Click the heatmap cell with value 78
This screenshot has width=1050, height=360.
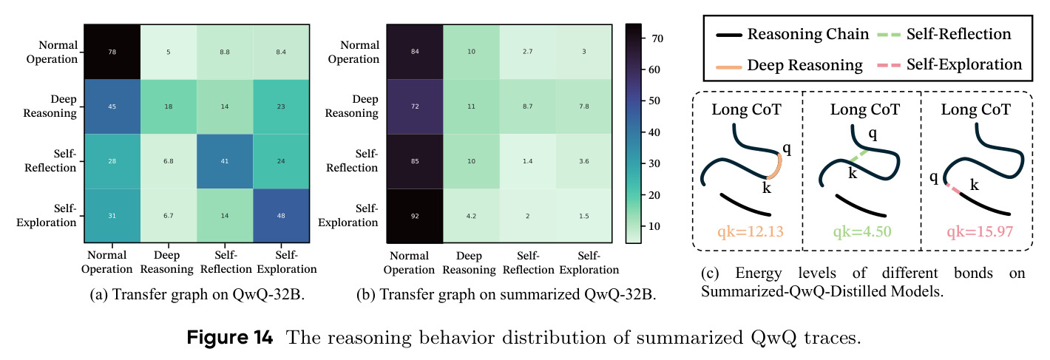(112, 52)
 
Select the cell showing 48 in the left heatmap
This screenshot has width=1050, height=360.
(281, 216)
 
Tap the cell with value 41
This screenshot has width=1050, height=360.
(225, 161)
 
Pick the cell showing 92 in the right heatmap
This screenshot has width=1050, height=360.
(415, 216)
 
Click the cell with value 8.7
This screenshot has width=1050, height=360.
(528, 106)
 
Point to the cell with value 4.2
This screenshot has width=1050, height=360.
(471, 216)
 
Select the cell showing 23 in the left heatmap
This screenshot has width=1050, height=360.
(281, 106)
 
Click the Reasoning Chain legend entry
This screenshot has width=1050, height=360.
(792, 34)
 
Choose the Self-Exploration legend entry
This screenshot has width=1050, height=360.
(949, 65)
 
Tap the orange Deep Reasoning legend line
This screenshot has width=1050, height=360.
(728, 67)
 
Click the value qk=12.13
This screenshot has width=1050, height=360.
(751, 231)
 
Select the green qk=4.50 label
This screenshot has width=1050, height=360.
(862, 231)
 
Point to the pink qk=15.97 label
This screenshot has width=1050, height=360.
(980, 231)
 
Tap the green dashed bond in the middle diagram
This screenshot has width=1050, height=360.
(858, 157)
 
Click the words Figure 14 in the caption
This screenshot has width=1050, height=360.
(230, 338)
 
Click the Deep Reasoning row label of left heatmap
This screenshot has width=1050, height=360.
(50, 106)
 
